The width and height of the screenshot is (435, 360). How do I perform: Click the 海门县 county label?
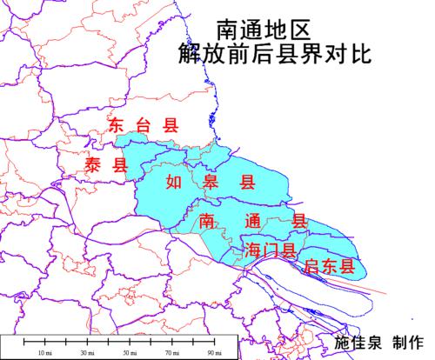[x=271, y=250]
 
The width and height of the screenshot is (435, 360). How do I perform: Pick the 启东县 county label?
[x=328, y=266]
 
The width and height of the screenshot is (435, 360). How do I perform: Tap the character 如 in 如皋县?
[x=173, y=183]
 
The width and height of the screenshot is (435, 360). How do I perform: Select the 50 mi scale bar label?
[x=127, y=353]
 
